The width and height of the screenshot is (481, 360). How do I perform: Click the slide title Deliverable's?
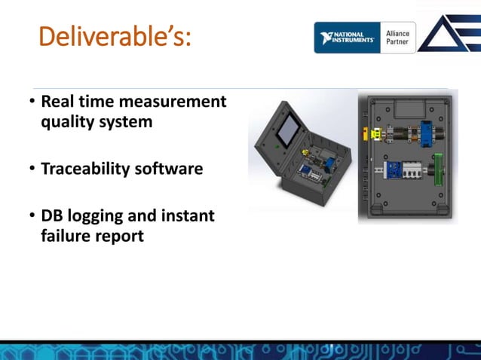tap(115, 35)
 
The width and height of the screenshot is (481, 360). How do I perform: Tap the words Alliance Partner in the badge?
tap(398, 38)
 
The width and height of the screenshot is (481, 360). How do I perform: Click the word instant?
tap(187, 216)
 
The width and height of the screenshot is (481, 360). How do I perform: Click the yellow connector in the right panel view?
tap(374, 134)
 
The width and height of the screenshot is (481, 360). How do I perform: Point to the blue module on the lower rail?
tap(393, 171)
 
